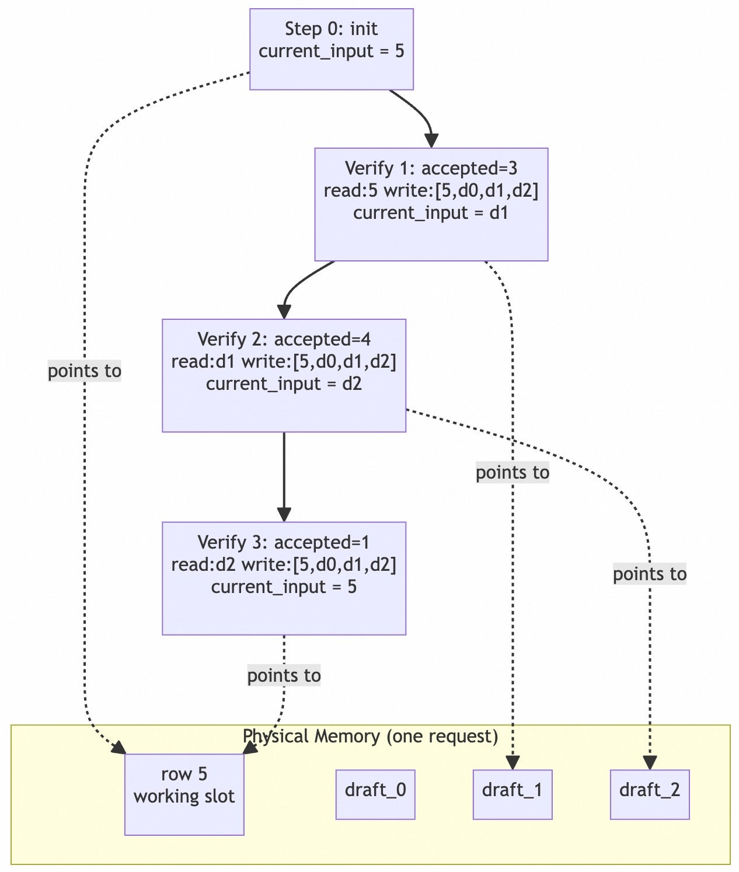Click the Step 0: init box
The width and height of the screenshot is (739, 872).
click(x=331, y=50)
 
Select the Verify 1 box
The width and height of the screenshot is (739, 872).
click(x=431, y=205)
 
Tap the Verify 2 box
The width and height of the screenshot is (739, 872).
click(x=284, y=375)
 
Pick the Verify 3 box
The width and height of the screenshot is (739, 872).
click(x=284, y=578)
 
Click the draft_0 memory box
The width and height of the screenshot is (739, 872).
click(x=375, y=795)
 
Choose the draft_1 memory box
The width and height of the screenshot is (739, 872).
click(x=513, y=795)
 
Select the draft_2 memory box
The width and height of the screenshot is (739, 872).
click(x=650, y=795)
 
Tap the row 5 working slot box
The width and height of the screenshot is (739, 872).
click(x=184, y=795)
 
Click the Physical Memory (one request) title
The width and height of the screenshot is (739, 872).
click(x=370, y=736)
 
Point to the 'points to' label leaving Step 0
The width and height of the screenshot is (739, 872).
click(x=85, y=371)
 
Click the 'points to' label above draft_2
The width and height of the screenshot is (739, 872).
click(x=650, y=574)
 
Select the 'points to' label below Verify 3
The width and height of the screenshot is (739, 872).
click(x=284, y=675)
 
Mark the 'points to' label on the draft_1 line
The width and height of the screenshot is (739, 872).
click(x=513, y=473)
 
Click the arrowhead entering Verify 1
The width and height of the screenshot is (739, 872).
click(x=431, y=141)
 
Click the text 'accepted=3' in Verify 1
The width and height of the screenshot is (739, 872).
click(x=469, y=168)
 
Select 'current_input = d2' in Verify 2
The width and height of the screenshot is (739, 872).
click(x=284, y=384)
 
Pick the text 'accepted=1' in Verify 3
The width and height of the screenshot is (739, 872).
click(x=322, y=542)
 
